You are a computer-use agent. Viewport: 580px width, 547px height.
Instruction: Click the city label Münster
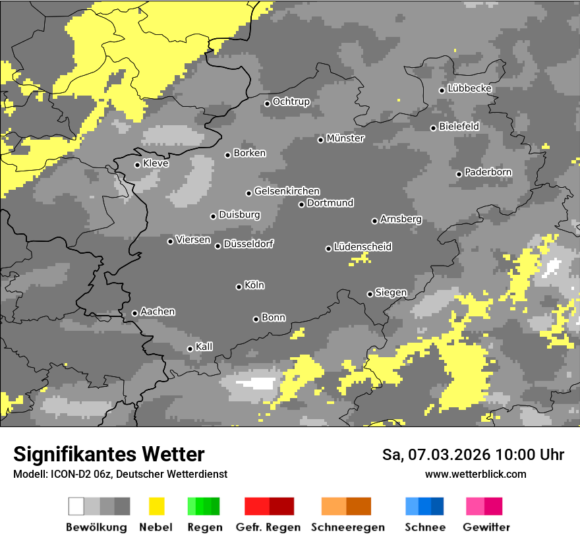click(345, 138)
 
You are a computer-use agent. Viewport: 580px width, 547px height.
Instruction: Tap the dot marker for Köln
click(239, 287)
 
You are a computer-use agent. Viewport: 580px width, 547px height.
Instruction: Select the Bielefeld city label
click(459, 126)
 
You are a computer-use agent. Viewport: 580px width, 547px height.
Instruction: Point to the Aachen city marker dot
click(134, 313)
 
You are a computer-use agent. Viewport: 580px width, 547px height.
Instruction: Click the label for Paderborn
click(488, 173)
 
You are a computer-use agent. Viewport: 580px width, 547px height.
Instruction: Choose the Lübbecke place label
click(469, 88)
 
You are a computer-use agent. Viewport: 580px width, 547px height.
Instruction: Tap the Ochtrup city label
click(291, 101)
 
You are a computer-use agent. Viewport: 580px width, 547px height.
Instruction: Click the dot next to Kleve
click(137, 165)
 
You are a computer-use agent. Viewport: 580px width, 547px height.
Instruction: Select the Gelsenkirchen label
click(287, 191)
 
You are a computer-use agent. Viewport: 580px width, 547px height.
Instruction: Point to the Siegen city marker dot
click(370, 294)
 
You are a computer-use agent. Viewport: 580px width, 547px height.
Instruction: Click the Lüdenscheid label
click(362, 246)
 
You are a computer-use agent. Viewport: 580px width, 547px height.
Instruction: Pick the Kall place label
click(204, 347)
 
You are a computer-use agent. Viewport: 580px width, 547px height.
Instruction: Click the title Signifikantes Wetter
click(109, 454)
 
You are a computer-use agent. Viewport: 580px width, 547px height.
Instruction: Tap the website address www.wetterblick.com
click(475, 474)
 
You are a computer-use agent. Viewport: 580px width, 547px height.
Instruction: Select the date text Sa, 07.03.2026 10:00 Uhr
click(473, 455)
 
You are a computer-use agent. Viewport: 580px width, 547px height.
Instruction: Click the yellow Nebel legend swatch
click(156, 506)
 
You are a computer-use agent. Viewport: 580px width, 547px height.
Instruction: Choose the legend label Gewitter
click(486, 527)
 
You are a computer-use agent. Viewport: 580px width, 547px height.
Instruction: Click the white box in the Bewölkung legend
click(76, 506)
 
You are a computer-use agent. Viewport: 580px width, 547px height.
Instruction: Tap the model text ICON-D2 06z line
click(120, 474)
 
